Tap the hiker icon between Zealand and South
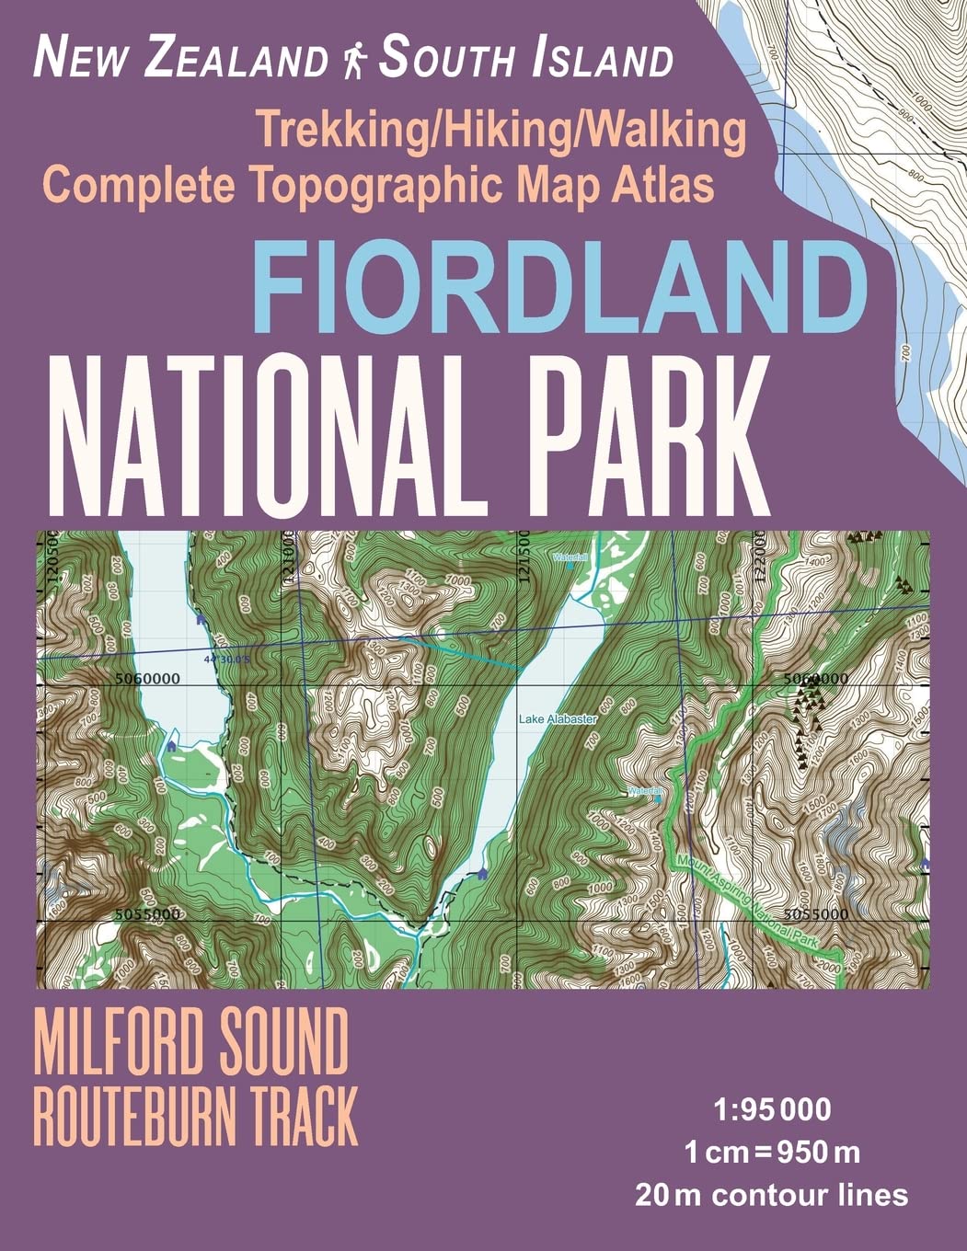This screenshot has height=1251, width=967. pyautogui.click(x=353, y=60)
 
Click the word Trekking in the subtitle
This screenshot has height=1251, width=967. pyautogui.click(x=334, y=131)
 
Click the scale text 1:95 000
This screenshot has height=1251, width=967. pyautogui.click(x=771, y=1109)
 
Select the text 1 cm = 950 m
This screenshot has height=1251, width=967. pyautogui.click(x=771, y=1152)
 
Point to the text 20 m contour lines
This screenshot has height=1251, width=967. pyautogui.click(x=771, y=1195)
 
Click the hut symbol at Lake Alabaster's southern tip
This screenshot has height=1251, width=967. pyautogui.click(x=481, y=874)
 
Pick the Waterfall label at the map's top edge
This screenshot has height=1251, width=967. pyautogui.click(x=568, y=557)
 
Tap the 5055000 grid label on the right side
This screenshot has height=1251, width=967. pyautogui.click(x=816, y=914)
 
